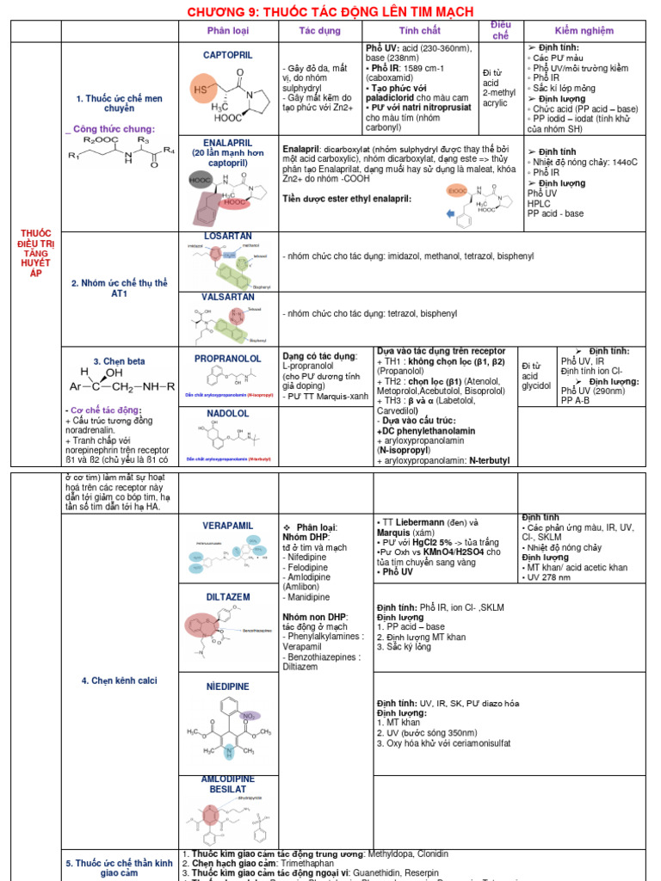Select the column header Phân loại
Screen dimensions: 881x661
[228, 31]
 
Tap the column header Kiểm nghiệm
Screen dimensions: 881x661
[584, 31]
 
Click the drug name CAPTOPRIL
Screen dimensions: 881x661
[228, 55]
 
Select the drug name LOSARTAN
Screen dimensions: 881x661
[228, 236]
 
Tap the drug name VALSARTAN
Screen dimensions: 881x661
[228, 297]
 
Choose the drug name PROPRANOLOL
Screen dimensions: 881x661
[228, 358]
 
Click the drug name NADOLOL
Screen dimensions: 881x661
[228, 414]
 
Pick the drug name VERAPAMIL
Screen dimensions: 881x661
[228, 526]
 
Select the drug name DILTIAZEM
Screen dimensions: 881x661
[228, 597]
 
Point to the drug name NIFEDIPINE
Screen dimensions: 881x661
[228, 687]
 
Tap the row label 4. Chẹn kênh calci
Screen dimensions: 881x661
[120, 681]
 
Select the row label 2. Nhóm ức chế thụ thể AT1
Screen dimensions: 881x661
[120, 288]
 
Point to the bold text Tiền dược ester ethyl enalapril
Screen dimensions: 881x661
[347, 199]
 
